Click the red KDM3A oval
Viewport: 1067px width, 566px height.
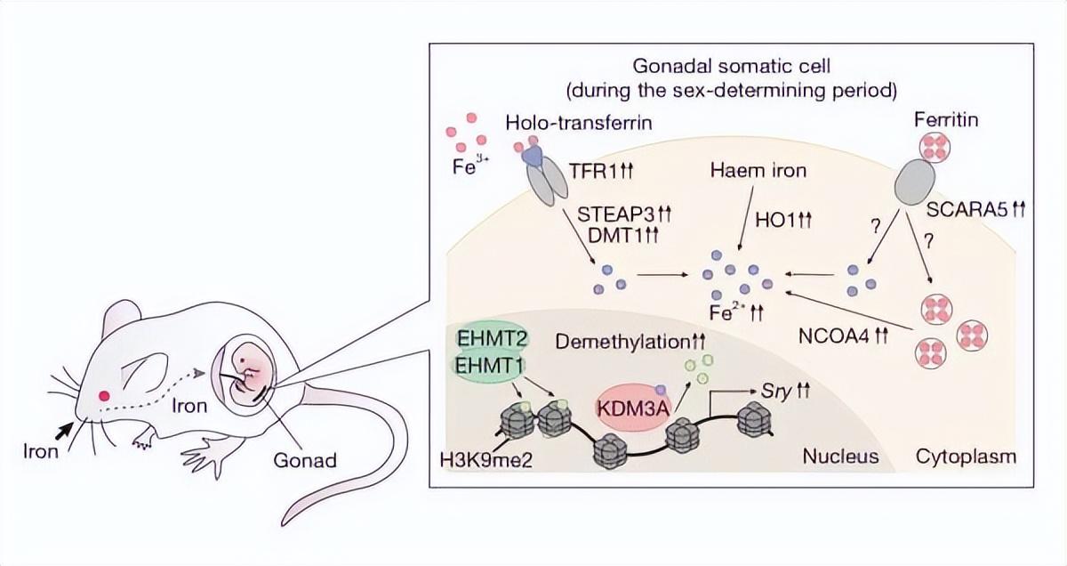(633, 408)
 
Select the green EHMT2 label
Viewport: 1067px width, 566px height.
(492, 338)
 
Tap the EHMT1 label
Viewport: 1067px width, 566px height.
(489, 366)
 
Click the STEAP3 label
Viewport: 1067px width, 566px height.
(617, 214)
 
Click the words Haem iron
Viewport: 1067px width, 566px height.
(758, 170)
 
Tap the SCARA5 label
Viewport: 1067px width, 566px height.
(967, 209)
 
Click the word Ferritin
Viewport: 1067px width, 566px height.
(946, 119)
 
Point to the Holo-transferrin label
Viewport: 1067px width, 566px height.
(579, 123)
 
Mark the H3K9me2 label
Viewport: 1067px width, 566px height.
(486, 461)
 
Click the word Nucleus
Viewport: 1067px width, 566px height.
(841, 457)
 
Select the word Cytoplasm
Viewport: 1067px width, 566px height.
(966, 457)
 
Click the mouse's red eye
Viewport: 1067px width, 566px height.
(104, 396)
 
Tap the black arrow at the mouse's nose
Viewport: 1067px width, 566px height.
(64, 431)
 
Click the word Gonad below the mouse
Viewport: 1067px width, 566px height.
(305, 460)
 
